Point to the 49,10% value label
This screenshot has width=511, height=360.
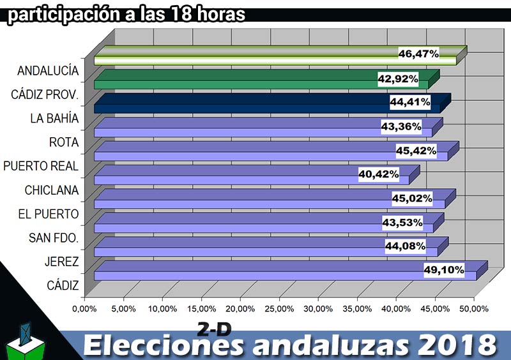click(444, 269)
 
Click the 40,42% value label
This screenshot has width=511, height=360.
click(379, 174)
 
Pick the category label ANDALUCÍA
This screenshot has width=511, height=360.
click(49, 70)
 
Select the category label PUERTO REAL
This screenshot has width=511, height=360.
click(41, 166)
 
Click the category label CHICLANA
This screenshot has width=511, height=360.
click(52, 190)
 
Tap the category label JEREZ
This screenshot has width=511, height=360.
click(62, 262)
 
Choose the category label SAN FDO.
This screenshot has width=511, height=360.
click(54, 238)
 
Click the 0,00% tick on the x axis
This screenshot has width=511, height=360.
click(84, 308)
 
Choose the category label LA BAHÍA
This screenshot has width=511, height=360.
click(55, 118)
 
